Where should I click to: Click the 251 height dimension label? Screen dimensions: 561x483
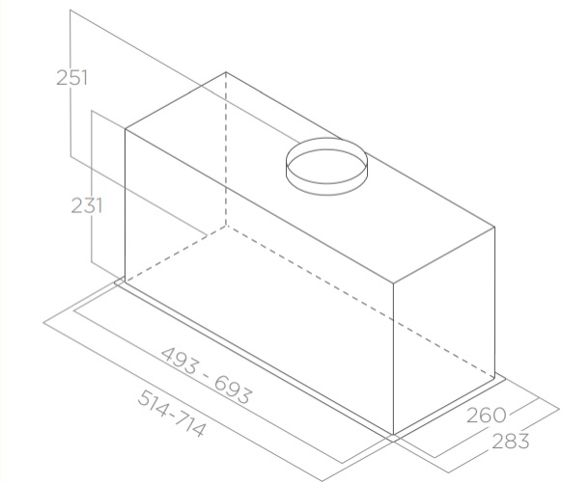pyautogui.click(x=71, y=77)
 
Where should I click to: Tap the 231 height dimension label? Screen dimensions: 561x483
pyautogui.click(x=87, y=205)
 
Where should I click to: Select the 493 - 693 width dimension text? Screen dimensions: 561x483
pyautogui.click(x=207, y=375)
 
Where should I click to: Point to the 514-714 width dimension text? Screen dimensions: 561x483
pyautogui.click(x=172, y=414)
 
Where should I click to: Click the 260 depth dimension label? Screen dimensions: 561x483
pyautogui.click(x=487, y=415)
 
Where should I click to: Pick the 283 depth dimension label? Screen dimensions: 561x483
pyautogui.click(x=511, y=442)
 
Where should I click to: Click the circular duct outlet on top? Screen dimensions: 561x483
pyautogui.click(x=326, y=167)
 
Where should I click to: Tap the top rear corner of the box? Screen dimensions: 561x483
pyautogui.click(x=226, y=72)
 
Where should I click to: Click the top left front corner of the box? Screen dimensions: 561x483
pyautogui.click(x=126, y=128)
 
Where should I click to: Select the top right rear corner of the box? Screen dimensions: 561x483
pyautogui.click(x=494, y=227)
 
